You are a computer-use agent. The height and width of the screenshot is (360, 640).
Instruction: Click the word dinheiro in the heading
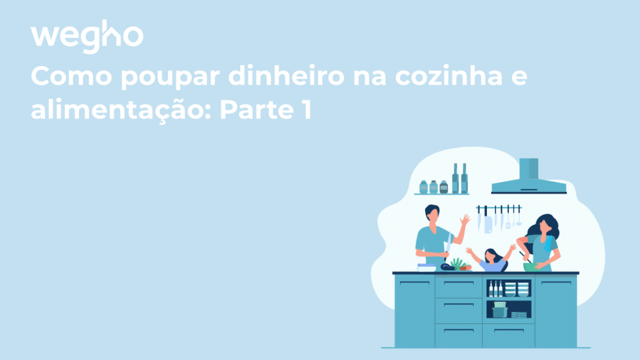pyautogui.click(x=286, y=76)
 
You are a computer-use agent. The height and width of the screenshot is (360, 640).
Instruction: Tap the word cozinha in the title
pyautogui.click(x=449, y=76)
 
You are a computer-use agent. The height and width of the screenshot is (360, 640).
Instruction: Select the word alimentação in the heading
pyautogui.click(x=121, y=110)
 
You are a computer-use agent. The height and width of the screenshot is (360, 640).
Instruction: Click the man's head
pyautogui.click(x=432, y=213)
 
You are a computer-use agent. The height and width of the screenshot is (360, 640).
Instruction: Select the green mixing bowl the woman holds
pyautogui.click(x=531, y=267)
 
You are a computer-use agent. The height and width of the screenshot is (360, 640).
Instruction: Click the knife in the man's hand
pyautogui.click(x=448, y=246)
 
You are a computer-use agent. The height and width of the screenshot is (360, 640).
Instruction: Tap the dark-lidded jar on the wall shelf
pyautogui.click(x=444, y=187)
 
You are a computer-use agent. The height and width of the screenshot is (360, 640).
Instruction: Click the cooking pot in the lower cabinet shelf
pyautogui.click(x=499, y=310)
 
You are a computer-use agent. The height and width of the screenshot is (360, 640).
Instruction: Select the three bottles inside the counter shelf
pyautogui.click(x=496, y=288)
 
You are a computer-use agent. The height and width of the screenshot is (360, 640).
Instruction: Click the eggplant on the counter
pyautogui.click(x=447, y=267)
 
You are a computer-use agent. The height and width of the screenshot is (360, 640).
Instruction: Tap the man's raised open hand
pyautogui.click(x=465, y=219)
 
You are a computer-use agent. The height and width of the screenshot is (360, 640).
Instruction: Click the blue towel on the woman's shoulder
pyautogui.click(x=548, y=244)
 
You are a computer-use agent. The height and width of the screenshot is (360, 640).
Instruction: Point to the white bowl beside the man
pyautogui.click(x=426, y=267)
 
